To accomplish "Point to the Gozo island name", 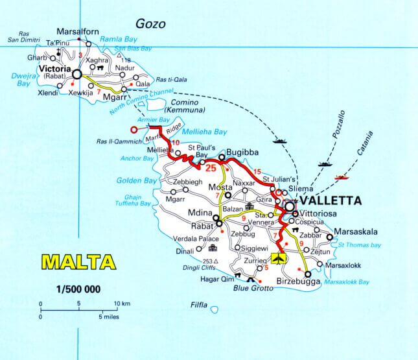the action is (x=153, y=25).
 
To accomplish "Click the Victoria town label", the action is (x=54, y=67).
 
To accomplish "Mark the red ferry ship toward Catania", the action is (x=342, y=175).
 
